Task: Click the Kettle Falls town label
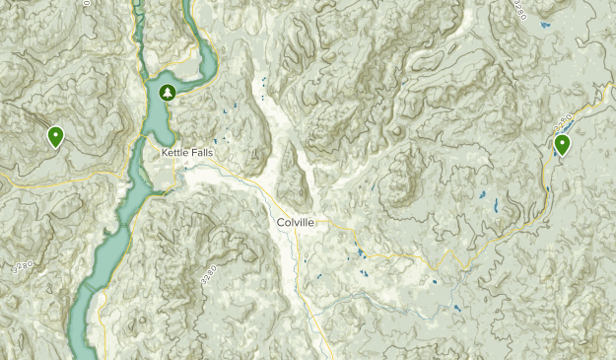[187, 153]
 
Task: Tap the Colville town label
[296, 223]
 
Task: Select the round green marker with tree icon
[168, 93]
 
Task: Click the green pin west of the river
[55, 136]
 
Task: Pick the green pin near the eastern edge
[562, 145]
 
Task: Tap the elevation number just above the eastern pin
[563, 123]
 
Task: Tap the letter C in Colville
[281, 223]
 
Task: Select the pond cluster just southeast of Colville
[361, 255]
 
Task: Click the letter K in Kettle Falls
[165, 153]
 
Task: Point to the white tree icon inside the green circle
[168, 93]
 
